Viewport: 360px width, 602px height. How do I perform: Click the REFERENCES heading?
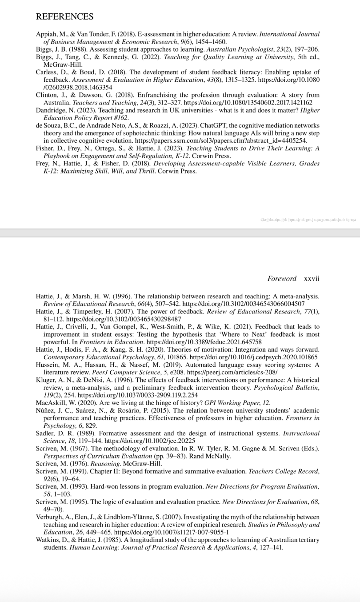(x=64, y=17)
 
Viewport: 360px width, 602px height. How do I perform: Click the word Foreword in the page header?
(x=282, y=278)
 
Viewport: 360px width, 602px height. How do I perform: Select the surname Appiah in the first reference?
(x=46, y=34)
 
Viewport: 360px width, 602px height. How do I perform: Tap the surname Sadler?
(x=45, y=433)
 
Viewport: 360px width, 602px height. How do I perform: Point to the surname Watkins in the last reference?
(x=48, y=540)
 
